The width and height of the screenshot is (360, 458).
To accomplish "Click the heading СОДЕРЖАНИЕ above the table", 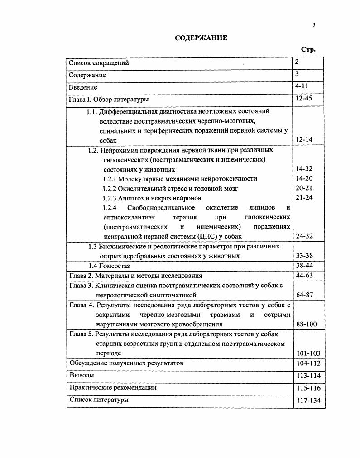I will [x=201, y=38].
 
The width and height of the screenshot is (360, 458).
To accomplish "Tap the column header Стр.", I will [x=308, y=49].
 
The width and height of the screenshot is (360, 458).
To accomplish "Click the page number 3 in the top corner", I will [x=313, y=25].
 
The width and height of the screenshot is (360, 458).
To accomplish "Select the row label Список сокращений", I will [x=99, y=63].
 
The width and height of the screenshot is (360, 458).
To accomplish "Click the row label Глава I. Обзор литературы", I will [x=108, y=99].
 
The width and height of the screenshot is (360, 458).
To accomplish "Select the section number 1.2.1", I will [x=110, y=179].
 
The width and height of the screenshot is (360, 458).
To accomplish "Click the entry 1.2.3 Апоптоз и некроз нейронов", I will [x=152, y=198].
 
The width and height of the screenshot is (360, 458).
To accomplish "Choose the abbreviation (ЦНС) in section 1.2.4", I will [x=207, y=236].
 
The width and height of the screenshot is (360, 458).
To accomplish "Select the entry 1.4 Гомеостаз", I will [x=106, y=266].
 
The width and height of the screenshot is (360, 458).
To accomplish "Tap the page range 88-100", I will [x=306, y=324].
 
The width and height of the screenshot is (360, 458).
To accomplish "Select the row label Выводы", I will [x=82, y=375].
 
